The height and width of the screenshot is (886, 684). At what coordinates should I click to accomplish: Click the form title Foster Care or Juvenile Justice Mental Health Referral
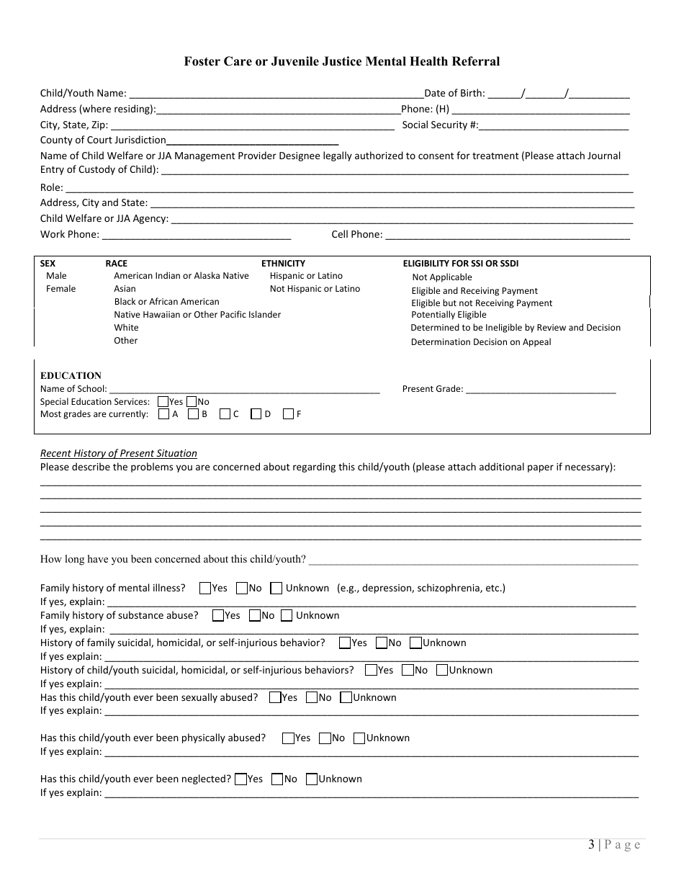(341, 61)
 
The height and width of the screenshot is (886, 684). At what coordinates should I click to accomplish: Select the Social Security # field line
(554, 126)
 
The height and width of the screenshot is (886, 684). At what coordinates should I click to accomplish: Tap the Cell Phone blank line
(508, 236)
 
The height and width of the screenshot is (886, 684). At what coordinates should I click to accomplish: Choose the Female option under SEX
(60, 289)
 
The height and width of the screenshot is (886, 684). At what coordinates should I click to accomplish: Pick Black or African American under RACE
(166, 302)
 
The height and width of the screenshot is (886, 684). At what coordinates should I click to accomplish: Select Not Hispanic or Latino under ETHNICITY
(315, 289)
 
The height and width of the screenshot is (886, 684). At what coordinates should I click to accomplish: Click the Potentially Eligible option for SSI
(449, 315)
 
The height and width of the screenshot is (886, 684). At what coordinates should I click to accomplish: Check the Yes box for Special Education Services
(163, 402)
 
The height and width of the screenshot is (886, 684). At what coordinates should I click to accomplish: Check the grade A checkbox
(163, 414)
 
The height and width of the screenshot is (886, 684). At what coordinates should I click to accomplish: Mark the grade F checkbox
(288, 414)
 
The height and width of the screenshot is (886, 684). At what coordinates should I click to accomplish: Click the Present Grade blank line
(541, 390)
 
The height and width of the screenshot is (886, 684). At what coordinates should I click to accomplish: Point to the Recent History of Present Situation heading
(119, 453)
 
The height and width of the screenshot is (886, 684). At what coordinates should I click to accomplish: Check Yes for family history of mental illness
(205, 589)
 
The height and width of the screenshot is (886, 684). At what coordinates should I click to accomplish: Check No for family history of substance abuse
(254, 616)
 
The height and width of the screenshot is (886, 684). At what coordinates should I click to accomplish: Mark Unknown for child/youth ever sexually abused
(346, 698)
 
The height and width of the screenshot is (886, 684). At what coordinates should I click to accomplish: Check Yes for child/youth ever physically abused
(288, 738)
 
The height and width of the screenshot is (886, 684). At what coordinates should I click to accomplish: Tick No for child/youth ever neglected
(277, 779)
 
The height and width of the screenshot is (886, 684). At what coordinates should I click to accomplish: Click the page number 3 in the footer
(591, 845)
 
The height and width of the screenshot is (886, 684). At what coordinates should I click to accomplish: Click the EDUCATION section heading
(71, 375)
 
